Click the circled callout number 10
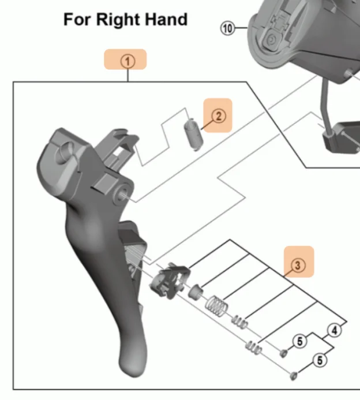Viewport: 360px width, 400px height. click(x=227, y=28)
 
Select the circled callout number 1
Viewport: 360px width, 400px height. click(x=127, y=62)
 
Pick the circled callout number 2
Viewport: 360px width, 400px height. click(x=219, y=117)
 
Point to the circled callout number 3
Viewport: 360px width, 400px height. click(x=298, y=266)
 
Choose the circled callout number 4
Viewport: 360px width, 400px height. click(x=335, y=330)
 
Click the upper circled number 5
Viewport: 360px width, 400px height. click(x=300, y=341)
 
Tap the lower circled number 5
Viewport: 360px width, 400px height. click(x=320, y=360)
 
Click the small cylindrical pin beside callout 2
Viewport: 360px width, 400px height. click(x=193, y=134)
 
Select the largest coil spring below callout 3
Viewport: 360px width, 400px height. click(x=216, y=306)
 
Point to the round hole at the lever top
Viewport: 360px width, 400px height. click(x=65, y=152)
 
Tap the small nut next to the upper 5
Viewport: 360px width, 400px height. click(x=283, y=353)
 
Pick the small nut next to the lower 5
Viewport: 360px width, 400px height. click(x=294, y=375)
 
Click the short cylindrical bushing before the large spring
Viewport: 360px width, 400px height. click(x=196, y=291)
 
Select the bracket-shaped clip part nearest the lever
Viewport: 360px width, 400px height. click(x=170, y=281)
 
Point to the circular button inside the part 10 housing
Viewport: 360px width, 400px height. click(x=272, y=39)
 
